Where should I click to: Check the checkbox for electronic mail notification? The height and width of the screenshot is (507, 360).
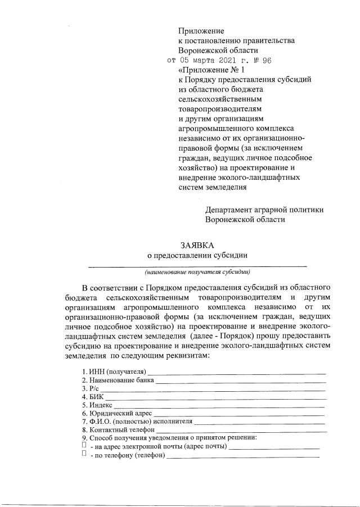click(83, 445)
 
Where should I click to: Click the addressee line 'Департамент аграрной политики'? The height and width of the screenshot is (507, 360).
click(264, 210)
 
